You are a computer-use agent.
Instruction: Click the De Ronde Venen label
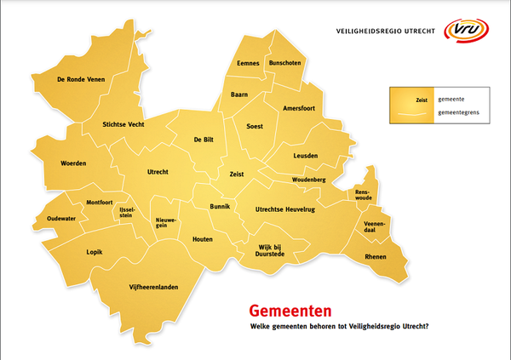click(79, 79)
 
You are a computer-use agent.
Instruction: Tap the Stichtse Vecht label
click(122, 123)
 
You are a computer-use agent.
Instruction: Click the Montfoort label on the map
click(100, 203)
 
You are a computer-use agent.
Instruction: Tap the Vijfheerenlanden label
click(153, 288)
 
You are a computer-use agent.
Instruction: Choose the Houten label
click(202, 239)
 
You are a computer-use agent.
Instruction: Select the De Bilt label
click(204, 140)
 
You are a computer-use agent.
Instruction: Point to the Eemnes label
click(248, 64)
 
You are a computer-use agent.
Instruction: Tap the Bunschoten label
click(284, 64)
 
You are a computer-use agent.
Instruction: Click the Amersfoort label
click(302, 108)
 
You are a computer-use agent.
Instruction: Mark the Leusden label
click(305, 156)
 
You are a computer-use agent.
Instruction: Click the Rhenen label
click(375, 257)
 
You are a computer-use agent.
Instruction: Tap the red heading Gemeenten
click(284, 312)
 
